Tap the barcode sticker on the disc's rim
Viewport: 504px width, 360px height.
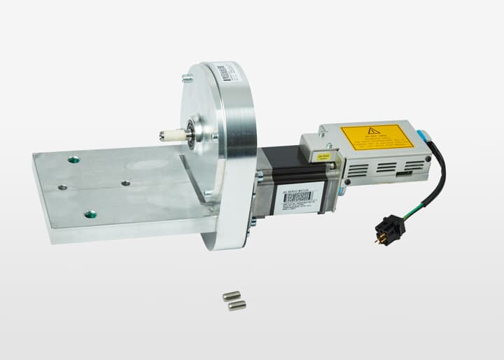[223, 72]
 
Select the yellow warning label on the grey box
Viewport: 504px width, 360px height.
[377, 137]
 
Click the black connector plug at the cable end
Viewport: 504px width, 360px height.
[390, 228]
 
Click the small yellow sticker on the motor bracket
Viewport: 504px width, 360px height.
[323, 157]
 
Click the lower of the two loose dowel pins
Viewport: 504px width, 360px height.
[237, 305]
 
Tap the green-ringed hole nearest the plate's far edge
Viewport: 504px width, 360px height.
[73, 160]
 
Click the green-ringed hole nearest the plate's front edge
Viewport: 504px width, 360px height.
[90, 214]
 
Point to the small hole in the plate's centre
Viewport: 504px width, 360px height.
[125, 183]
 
